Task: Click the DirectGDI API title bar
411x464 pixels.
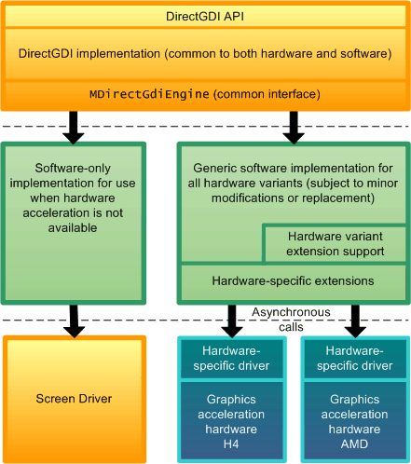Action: (x=205, y=16)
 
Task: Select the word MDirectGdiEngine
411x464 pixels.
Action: (x=149, y=94)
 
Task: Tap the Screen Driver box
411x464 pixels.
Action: (x=75, y=399)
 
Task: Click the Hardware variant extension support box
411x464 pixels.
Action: (x=335, y=243)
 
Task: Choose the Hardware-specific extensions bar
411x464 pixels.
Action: (x=294, y=281)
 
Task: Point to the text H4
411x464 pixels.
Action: (x=231, y=444)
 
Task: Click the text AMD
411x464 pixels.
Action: (x=354, y=444)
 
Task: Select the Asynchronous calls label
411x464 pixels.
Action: (x=291, y=320)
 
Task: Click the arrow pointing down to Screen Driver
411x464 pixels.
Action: (x=74, y=321)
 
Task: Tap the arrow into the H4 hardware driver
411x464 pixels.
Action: (x=232, y=321)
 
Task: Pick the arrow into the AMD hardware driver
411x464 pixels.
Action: (x=355, y=321)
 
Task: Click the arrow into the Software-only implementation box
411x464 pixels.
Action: (x=74, y=128)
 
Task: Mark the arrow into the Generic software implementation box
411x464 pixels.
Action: (x=294, y=128)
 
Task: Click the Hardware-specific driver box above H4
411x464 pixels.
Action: (x=232, y=359)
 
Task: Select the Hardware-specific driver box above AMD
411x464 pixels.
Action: (x=355, y=359)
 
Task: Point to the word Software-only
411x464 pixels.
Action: (x=73, y=169)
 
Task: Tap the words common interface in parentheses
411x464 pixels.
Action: (x=267, y=94)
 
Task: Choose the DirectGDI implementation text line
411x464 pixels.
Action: (x=205, y=54)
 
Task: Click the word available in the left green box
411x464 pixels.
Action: (x=73, y=228)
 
